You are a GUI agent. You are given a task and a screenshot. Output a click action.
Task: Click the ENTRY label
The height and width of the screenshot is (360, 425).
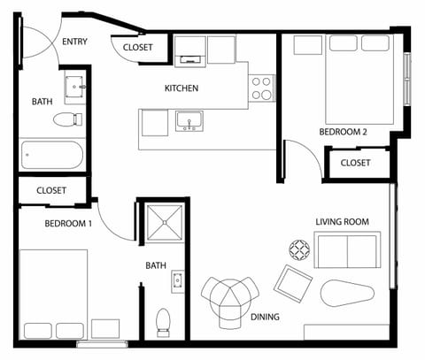click(x=73, y=41)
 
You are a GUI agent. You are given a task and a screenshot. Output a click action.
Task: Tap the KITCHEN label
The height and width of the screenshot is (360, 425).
click(x=182, y=88)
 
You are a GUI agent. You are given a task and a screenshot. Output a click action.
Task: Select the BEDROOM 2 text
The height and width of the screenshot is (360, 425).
click(x=343, y=132)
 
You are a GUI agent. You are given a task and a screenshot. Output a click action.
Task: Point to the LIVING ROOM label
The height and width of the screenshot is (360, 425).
click(x=342, y=221)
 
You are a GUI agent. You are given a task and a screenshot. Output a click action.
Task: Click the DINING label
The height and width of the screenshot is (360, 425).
click(x=265, y=317)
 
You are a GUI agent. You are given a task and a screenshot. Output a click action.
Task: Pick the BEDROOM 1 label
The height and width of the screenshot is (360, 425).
click(x=68, y=223)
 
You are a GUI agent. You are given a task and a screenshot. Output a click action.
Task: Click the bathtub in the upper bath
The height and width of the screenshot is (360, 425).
click(x=52, y=157)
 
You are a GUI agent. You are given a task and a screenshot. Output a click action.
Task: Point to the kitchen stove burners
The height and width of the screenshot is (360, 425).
click(x=261, y=88)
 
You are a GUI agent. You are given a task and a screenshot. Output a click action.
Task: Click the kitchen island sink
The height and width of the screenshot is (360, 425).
click(x=188, y=120)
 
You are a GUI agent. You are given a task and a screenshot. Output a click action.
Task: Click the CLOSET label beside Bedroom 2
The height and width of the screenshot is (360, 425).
click(x=355, y=163)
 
